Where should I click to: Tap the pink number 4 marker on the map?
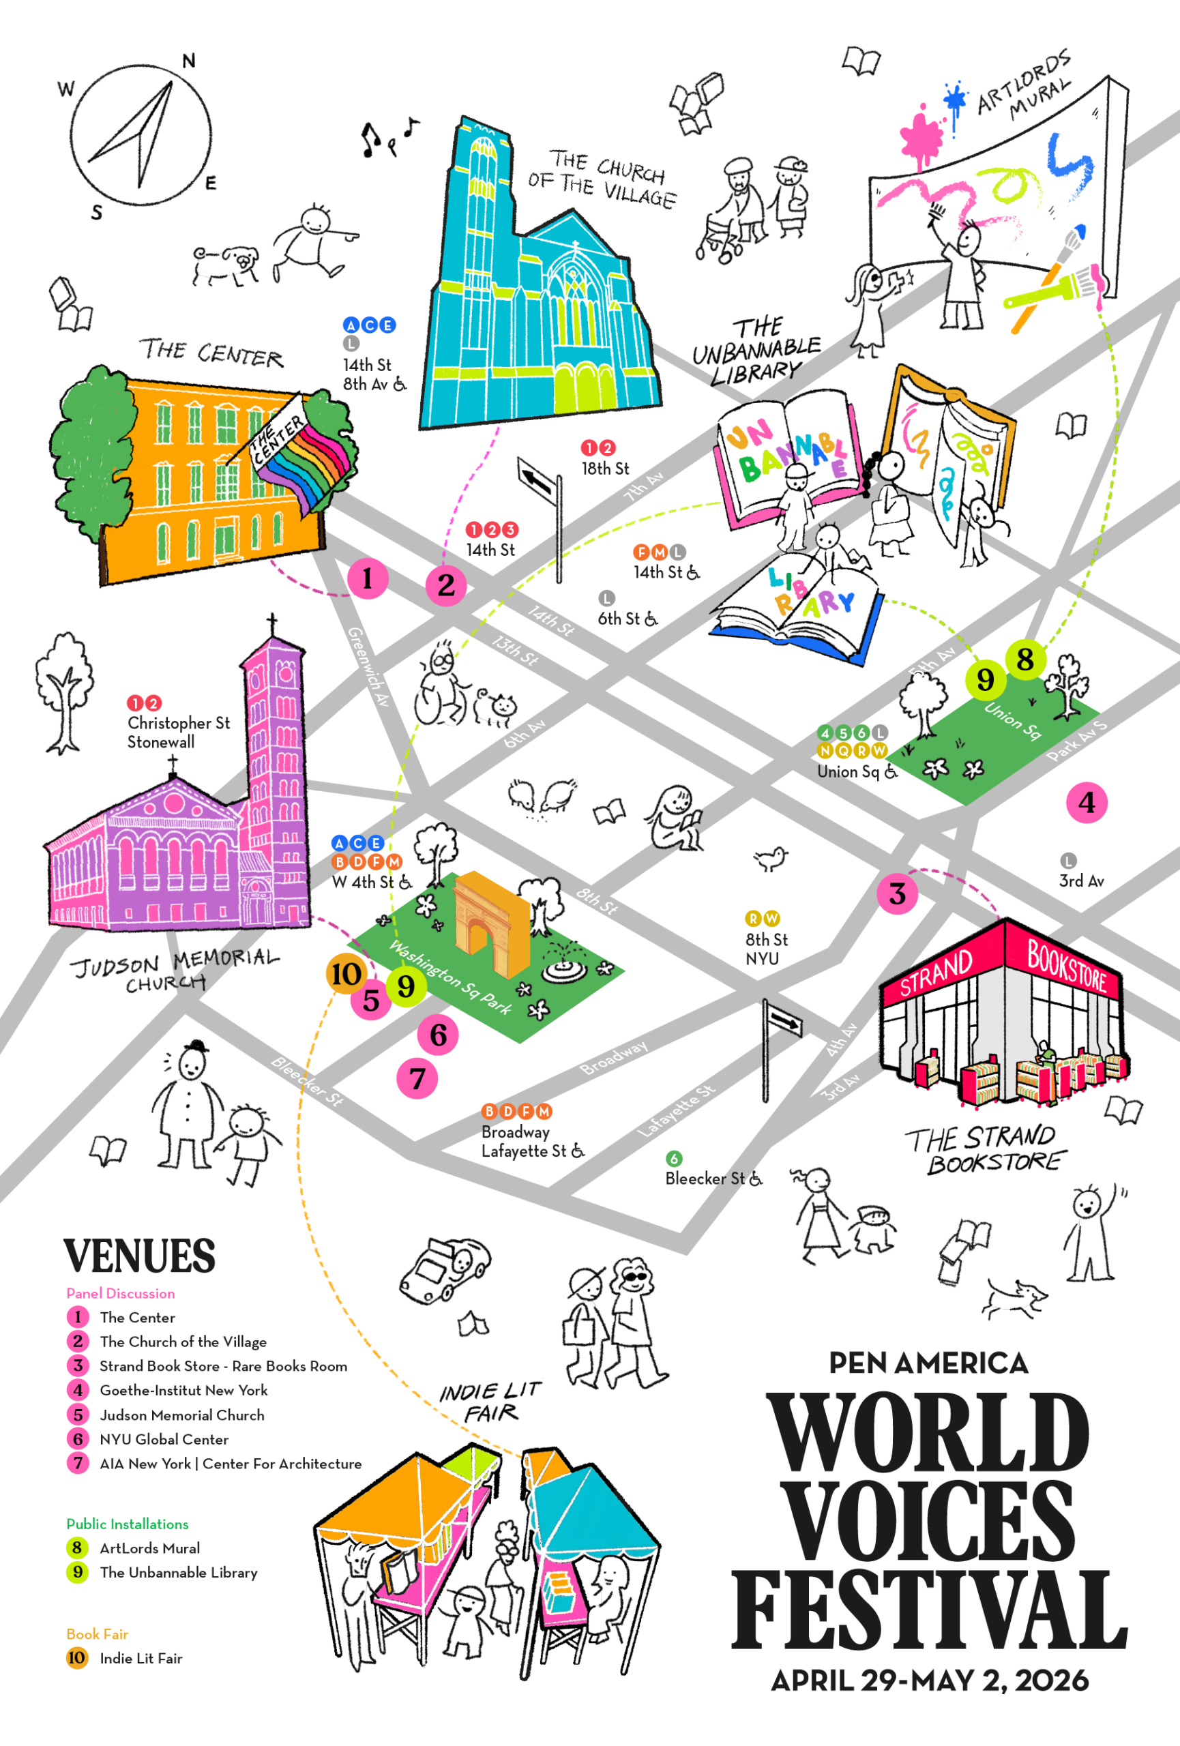pyautogui.click(x=1086, y=802)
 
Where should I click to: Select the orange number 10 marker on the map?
pyautogui.click(x=346, y=974)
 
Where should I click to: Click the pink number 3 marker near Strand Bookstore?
pyautogui.click(x=897, y=893)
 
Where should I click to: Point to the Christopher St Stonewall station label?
pyautogui.click(x=178, y=732)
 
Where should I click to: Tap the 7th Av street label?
pyautogui.click(x=644, y=487)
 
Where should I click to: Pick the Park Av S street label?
pyautogui.click(x=1076, y=741)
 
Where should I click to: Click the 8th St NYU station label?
pyautogui.click(x=766, y=948)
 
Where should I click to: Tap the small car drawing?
pyautogui.click(x=445, y=1270)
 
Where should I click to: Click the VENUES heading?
pyautogui.click(x=139, y=1256)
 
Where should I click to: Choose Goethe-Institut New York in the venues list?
pyautogui.click(x=183, y=1390)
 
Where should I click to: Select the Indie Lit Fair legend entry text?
pyautogui.click(x=141, y=1658)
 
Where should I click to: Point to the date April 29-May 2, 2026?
pyautogui.click(x=930, y=1680)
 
